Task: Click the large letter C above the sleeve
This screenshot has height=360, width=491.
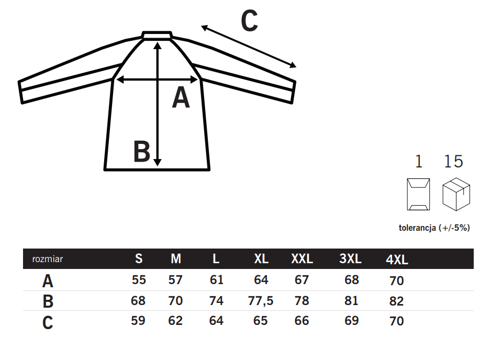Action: (249, 20)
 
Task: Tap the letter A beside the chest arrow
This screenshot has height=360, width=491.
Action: (181, 97)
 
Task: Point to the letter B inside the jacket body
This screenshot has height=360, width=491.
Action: (142, 151)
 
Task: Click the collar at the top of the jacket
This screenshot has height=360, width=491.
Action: (157, 35)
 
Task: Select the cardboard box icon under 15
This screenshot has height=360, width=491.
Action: (456, 194)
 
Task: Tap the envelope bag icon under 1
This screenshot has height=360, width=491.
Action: (418, 194)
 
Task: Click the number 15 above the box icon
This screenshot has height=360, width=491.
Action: (453, 162)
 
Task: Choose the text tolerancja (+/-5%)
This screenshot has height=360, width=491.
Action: (434, 228)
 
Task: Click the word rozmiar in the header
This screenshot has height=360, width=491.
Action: (48, 259)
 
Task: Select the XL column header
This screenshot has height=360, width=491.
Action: (261, 258)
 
